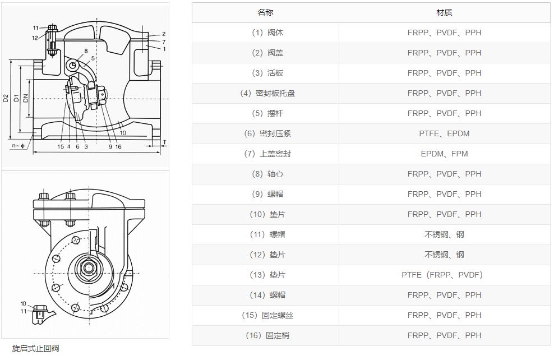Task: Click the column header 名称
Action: (265, 12)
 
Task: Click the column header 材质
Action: (444, 12)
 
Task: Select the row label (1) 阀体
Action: (265, 33)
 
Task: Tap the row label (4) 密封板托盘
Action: (265, 93)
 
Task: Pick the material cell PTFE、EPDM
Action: (444, 133)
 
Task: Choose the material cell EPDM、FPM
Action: (444, 154)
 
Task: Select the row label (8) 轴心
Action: (265, 174)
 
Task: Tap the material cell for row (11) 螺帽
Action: (444, 234)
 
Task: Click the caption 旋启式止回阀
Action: (35, 348)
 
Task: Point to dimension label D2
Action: (6, 98)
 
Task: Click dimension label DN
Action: (25, 98)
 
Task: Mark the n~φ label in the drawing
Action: (19, 146)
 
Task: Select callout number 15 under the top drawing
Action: (61, 147)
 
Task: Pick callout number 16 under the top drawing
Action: (118, 147)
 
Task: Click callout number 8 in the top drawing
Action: (86, 51)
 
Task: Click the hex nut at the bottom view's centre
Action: (88, 267)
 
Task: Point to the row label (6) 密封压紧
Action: (265, 133)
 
